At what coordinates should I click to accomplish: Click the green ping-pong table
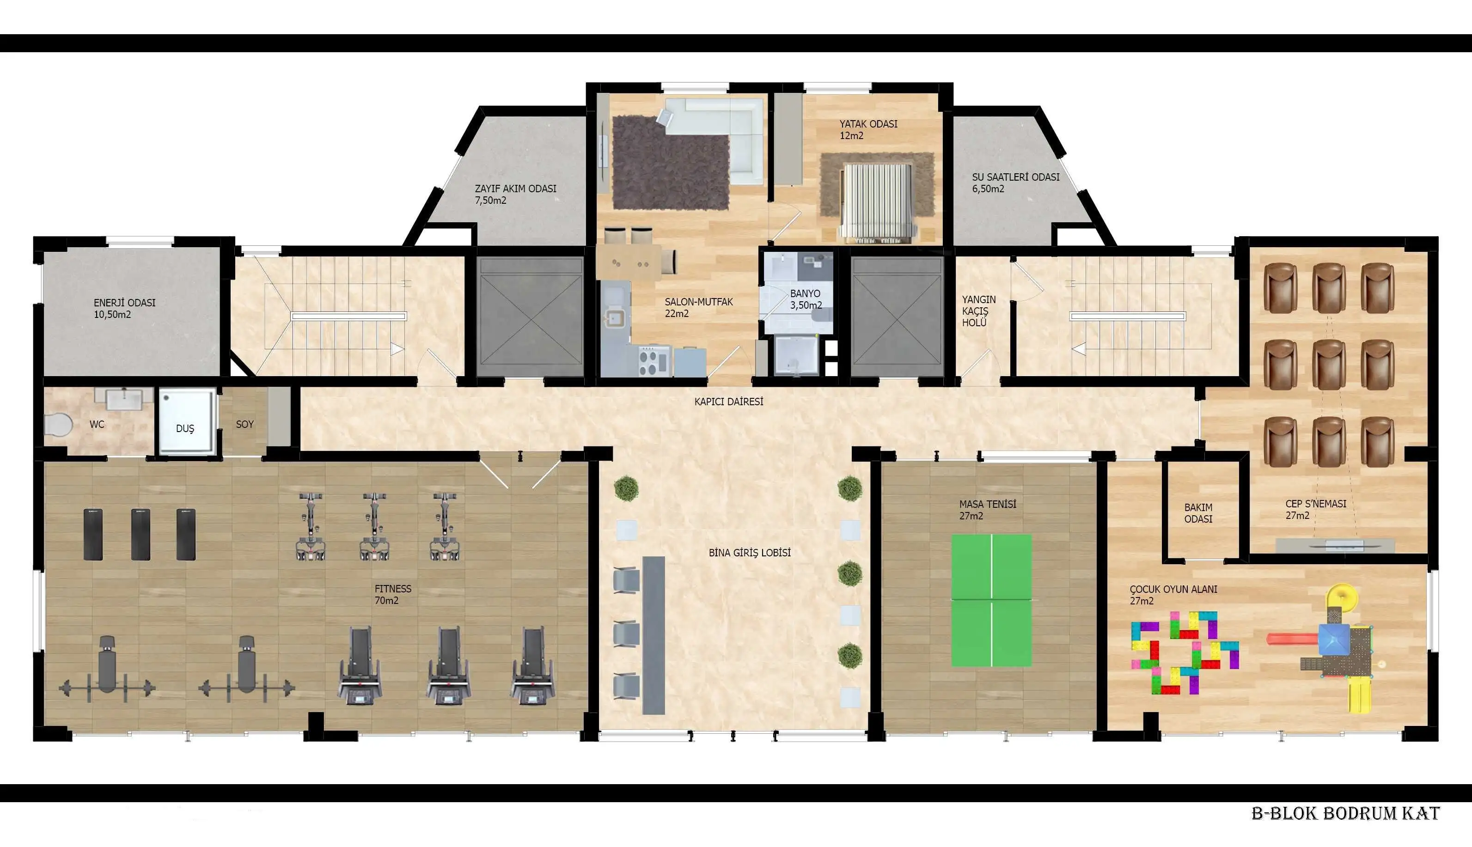991,600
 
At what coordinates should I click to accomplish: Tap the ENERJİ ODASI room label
124,308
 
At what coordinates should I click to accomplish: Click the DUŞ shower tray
187,421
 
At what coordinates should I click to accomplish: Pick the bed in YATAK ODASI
877,202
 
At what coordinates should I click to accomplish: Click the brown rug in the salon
670,163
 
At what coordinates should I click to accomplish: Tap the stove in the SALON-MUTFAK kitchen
654,361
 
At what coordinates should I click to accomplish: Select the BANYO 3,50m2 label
806,299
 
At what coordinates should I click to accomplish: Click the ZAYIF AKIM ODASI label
515,194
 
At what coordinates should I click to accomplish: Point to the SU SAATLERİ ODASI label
1015,183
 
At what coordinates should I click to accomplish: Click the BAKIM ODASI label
1198,513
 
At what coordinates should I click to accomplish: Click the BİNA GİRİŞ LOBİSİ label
749,553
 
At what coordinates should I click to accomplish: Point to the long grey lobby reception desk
654,635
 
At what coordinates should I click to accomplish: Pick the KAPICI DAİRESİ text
728,402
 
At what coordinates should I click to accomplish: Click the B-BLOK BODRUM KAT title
1345,813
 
